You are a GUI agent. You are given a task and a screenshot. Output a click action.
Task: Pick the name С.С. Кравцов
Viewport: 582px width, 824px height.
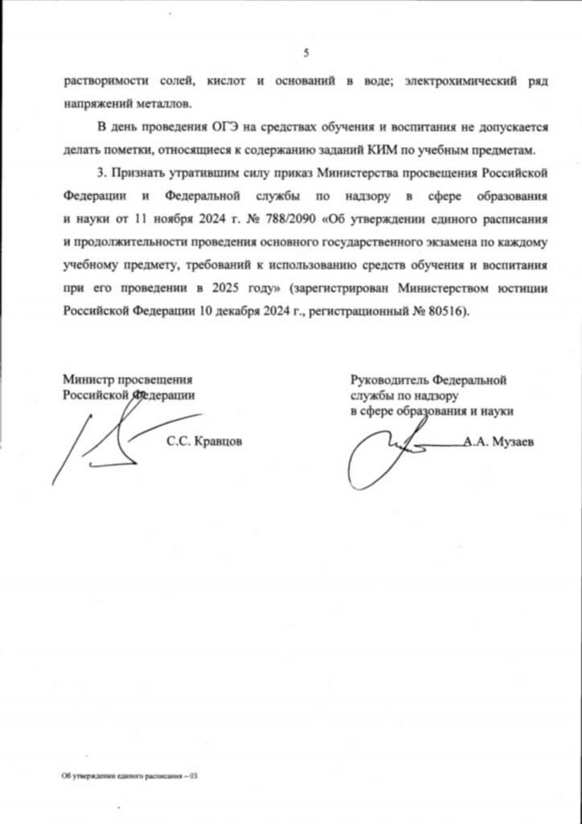(203, 441)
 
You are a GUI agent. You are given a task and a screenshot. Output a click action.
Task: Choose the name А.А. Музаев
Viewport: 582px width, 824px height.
(499, 441)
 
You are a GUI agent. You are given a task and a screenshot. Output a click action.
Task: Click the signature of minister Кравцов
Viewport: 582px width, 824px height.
(100, 443)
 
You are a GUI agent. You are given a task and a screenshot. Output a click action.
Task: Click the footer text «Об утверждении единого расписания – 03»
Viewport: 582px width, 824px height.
(129, 777)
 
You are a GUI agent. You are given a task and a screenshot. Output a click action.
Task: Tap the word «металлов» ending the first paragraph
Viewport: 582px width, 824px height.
(168, 104)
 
